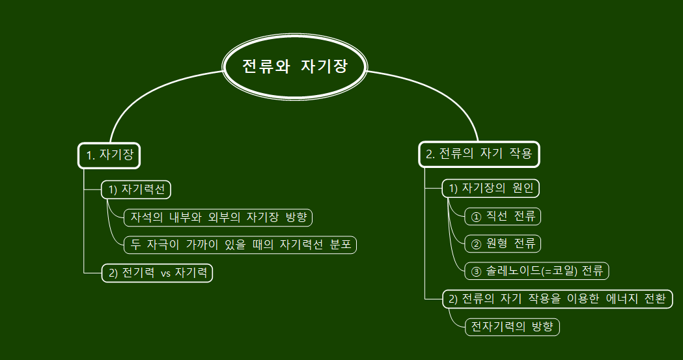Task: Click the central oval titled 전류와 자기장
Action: point(295,67)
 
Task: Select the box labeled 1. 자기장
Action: point(109,155)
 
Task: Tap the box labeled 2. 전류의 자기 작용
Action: point(479,154)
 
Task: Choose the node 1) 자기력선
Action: point(136,189)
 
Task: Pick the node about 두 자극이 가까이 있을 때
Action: point(240,244)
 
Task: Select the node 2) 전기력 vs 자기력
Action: point(158,273)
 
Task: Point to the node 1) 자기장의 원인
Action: point(491,189)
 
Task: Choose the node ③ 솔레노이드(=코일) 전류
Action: point(537,271)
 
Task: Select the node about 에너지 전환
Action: point(557,299)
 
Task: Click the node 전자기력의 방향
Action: point(512,327)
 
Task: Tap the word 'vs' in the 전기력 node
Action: point(165,273)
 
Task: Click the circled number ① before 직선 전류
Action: point(475,216)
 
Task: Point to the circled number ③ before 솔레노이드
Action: point(475,271)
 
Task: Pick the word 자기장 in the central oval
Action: point(324,67)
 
